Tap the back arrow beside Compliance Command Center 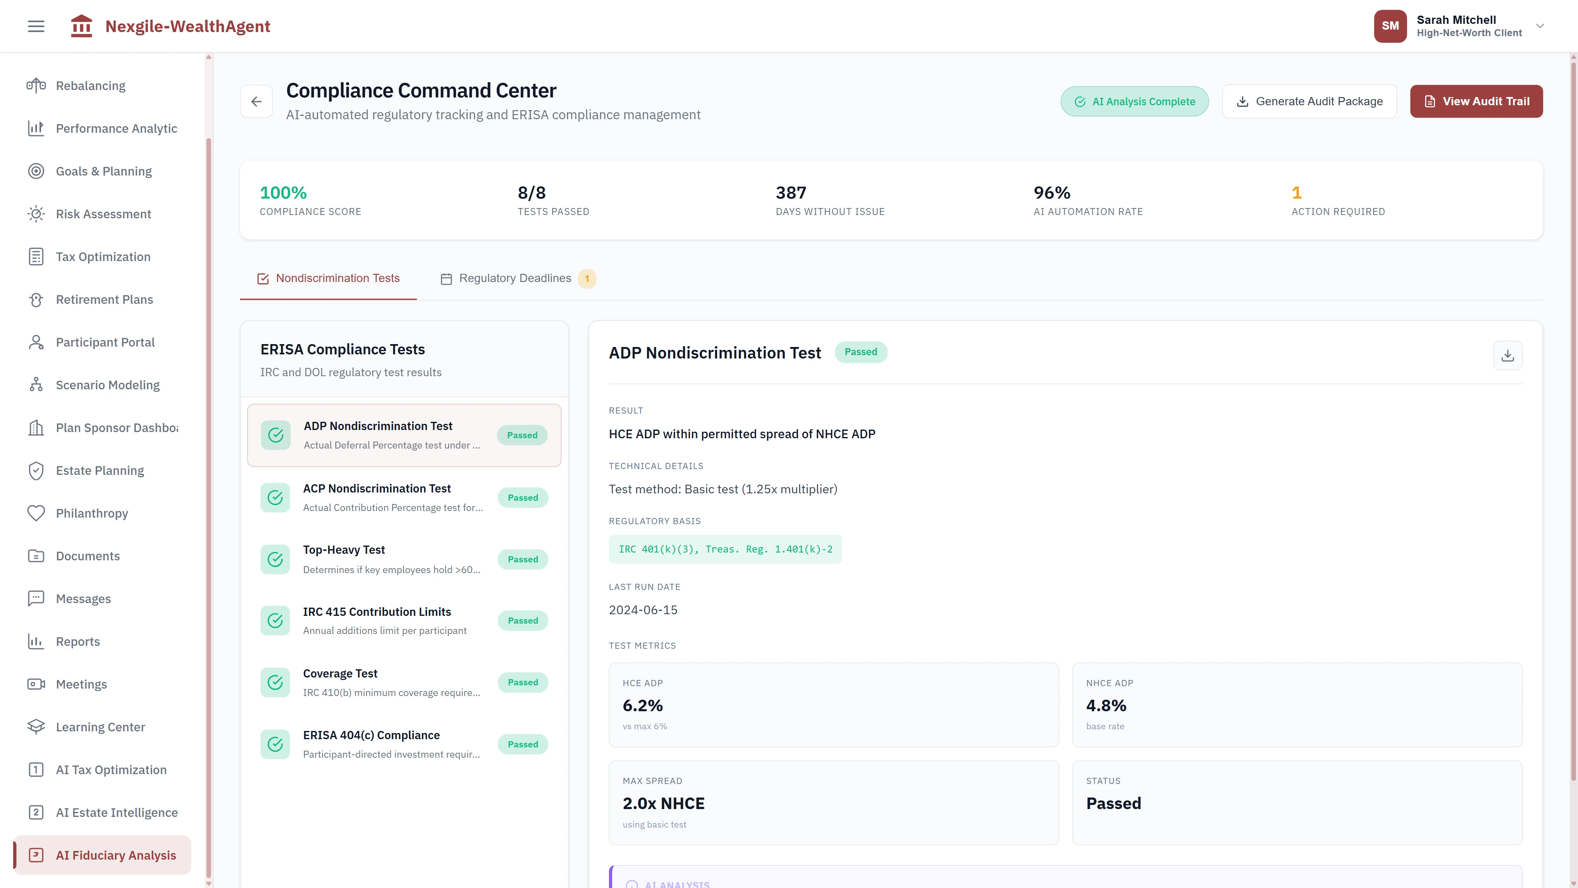(256, 102)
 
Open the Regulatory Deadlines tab (514, 278)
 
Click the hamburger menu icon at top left (36, 26)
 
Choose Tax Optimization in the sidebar (103, 257)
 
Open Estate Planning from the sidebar (100, 471)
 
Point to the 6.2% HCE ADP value (643, 705)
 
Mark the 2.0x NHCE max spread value (663, 803)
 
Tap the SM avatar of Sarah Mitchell (1390, 26)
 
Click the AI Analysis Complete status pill (1134, 102)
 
